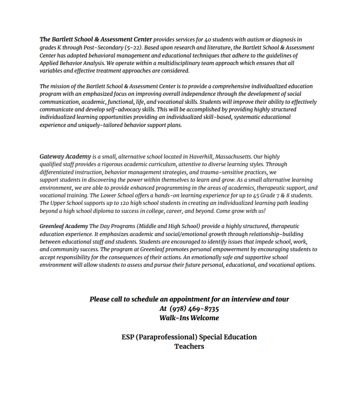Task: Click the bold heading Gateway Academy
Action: click(x=65, y=157)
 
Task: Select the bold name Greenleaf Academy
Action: click(x=64, y=227)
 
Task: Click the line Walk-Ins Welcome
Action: click(x=189, y=318)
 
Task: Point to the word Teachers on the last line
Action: click(x=189, y=347)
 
